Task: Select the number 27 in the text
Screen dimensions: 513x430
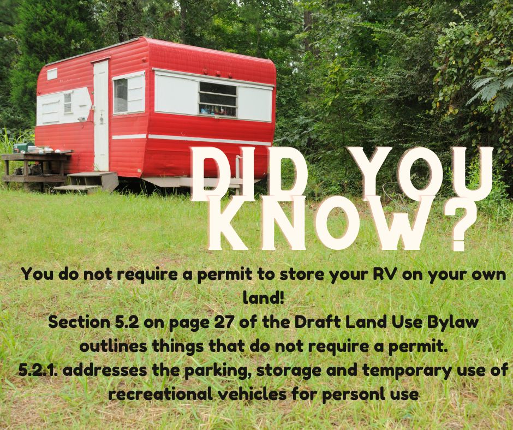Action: coord(225,322)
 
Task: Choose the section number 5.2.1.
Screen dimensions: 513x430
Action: coord(38,371)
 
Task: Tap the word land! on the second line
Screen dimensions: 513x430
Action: coord(264,298)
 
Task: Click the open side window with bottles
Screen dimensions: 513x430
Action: coord(218,99)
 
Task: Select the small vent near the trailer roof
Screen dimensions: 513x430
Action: coord(52,74)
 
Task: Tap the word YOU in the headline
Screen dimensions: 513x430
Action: coord(420,175)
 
